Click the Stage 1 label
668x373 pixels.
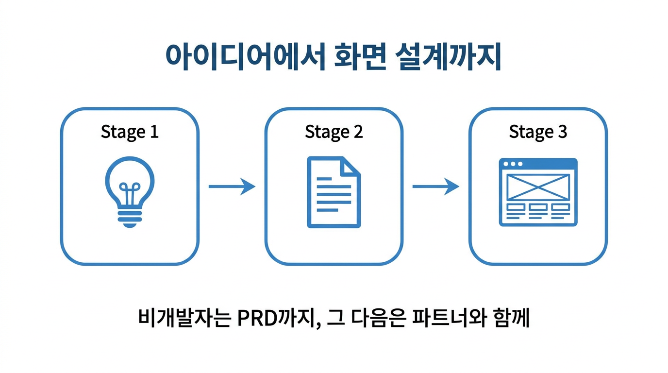(x=130, y=132)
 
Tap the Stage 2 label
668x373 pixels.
(x=334, y=132)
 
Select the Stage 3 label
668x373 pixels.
(x=538, y=132)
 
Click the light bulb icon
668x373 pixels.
(x=130, y=191)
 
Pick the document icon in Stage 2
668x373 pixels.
(x=334, y=192)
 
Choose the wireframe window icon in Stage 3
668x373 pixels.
(x=538, y=192)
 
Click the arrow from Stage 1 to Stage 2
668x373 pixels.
(x=232, y=186)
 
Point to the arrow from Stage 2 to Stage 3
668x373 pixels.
(x=435, y=186)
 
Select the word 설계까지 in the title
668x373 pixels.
(x=450, y=57)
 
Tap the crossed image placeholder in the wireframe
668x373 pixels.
(x=538, y=187)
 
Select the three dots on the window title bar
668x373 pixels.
(x=513, y=164)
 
